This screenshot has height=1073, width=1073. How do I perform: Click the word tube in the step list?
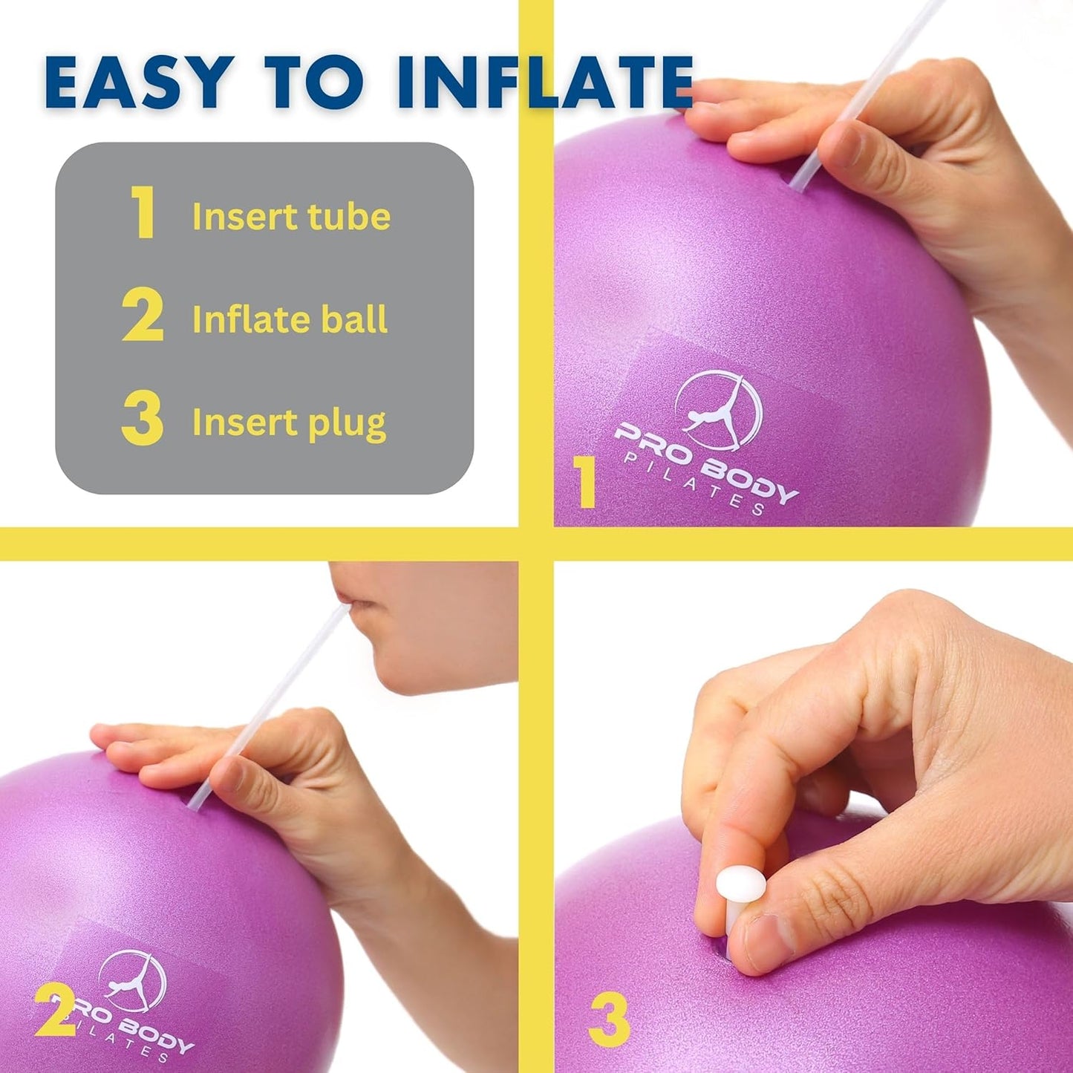(349, 216)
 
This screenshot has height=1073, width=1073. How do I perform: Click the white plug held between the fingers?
(740, 885)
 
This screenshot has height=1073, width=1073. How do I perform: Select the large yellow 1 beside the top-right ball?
(586, 483)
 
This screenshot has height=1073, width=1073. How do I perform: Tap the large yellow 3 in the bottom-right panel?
(609, 1020)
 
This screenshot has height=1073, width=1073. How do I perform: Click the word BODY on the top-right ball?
(750, 479)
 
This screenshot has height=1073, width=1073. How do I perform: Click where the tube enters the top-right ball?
(795, 188)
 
